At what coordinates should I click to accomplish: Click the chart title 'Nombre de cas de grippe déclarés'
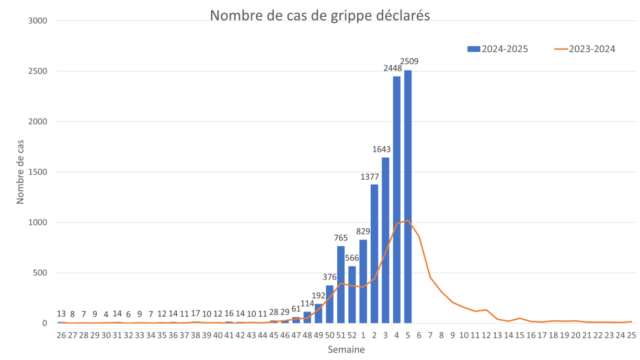319,15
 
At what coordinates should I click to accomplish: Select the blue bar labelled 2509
408,196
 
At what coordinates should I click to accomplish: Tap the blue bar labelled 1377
374,253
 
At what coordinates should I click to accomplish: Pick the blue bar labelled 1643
385,240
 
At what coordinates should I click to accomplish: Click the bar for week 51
341,284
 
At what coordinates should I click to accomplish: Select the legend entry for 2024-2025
497,49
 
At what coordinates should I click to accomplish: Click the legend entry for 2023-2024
585,49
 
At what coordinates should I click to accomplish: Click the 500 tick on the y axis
42,273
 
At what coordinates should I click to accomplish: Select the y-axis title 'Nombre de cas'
21,172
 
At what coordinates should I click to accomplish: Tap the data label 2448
393,67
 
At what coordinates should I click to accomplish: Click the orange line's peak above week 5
408,220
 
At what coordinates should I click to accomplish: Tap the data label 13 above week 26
61,313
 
